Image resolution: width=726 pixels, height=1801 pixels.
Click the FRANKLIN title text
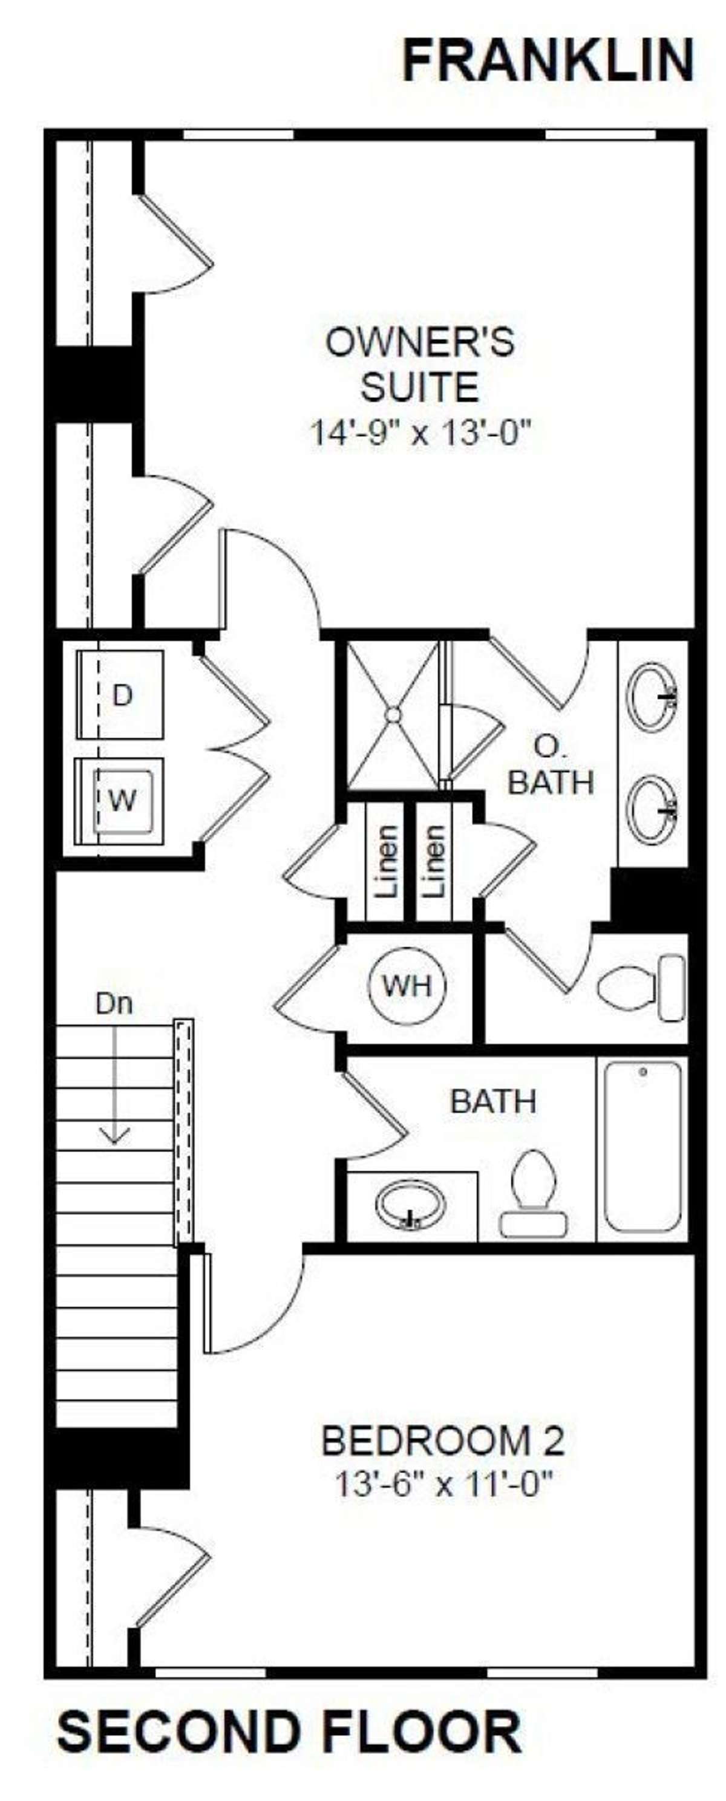coord(548,61)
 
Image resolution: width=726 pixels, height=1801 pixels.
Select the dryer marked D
coord(120,694)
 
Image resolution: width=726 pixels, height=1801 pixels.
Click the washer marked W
coord(120,801)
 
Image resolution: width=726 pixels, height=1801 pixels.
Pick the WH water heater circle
coord(407,985)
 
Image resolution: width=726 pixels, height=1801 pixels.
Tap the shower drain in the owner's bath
coord(393,714)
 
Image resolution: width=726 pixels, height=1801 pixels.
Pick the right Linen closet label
coord(434,862)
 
